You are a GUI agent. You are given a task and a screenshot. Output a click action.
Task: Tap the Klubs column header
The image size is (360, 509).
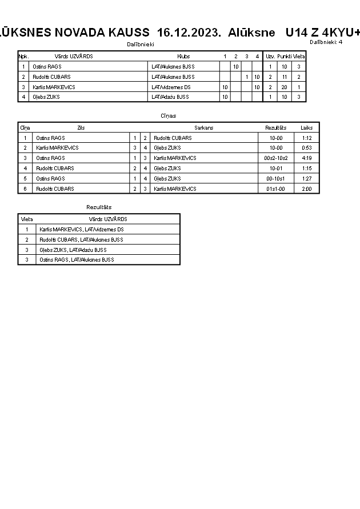[183, 57]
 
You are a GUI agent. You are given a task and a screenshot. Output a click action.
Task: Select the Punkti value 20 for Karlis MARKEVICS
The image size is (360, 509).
[284, 87]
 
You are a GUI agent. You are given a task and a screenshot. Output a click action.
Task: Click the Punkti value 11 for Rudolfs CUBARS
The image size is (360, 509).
[284, 77]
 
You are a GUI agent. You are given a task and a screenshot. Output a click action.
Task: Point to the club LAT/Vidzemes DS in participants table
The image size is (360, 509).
[167, 87]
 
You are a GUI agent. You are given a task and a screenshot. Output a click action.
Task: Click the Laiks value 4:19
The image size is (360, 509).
[306, 158]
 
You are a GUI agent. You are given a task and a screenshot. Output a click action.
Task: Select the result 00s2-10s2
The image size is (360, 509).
[276, 158]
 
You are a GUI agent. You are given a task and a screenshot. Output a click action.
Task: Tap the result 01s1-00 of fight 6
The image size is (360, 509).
[276, 189]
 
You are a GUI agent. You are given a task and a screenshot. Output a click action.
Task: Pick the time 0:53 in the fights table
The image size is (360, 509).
[306, 147]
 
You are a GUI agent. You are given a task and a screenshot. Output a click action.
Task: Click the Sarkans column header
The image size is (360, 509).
[203, 128]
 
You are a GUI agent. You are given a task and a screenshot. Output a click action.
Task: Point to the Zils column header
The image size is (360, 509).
[81, 128]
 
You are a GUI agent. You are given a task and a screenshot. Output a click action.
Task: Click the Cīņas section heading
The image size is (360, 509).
[169, 116]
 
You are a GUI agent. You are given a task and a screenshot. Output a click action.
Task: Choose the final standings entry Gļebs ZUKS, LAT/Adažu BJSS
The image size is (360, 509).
[73, 250]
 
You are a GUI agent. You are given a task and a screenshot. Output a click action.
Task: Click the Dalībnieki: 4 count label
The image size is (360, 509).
[326, 42]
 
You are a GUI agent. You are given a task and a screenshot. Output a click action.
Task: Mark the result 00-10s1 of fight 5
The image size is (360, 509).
[276, 178]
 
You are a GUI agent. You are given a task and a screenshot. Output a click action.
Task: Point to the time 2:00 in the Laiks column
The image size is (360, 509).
[306, 189]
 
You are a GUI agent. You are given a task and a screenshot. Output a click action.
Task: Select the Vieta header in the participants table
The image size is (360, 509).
[299, 57]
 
